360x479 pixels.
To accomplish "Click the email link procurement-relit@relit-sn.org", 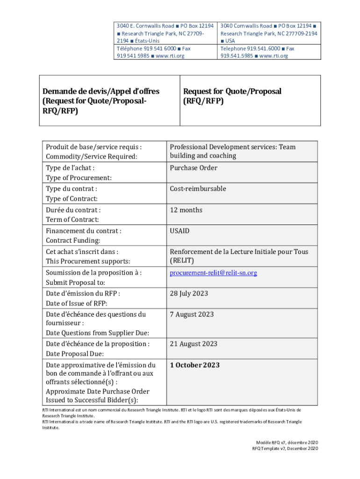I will tap(213, 273).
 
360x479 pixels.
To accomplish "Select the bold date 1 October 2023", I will tap(195, 365).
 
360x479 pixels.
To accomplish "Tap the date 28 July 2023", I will tap(189, 294).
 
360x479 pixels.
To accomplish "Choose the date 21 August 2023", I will tap(194, 344).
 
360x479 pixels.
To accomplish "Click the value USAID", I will tap(180, 231).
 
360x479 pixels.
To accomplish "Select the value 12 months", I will tap(186, 210).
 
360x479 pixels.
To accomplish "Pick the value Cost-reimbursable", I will tap(198, 189).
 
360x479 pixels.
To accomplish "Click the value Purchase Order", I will tap(194, 168).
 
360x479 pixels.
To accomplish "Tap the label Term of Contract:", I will tap(72, 220).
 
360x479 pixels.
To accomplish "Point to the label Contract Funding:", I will tap(73, 240).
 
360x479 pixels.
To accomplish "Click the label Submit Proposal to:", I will tap(75, 283).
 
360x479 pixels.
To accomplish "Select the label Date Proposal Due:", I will tap(75, 355).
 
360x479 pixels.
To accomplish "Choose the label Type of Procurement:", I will tap(79, 178).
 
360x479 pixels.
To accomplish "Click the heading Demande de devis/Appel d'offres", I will tap(101, 91).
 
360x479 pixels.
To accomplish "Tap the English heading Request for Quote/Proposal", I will tap(232, 91).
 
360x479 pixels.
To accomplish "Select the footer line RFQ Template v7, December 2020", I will tap(285, 449).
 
